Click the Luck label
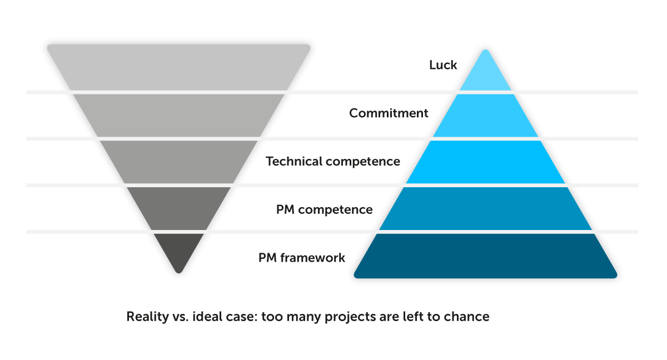coord(443,65)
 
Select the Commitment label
coord(389,113)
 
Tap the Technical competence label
coord(333,162)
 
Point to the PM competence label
coord(324,210)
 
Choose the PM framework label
coord(302,258)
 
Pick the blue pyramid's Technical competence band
coord(486,162)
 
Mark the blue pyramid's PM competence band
coord(486,209)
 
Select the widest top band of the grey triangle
coord(178,67)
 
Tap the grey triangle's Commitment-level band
coord(178,116)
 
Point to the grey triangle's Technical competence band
coord(178,162)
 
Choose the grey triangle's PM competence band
coord(178,209)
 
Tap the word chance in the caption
coord(469,317)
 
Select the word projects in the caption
coord(361,317)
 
